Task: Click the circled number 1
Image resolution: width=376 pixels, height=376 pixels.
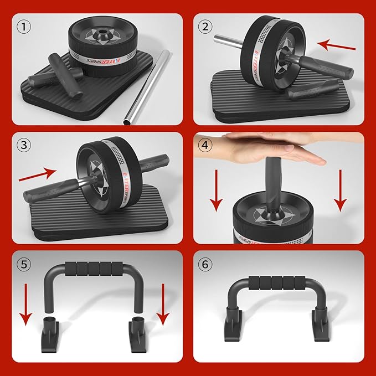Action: [23, 26]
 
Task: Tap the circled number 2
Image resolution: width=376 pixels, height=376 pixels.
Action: [207, 26]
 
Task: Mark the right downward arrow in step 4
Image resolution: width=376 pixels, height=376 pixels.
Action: [342, 191]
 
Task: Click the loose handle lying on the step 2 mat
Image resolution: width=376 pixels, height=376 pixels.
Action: [315, 88]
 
